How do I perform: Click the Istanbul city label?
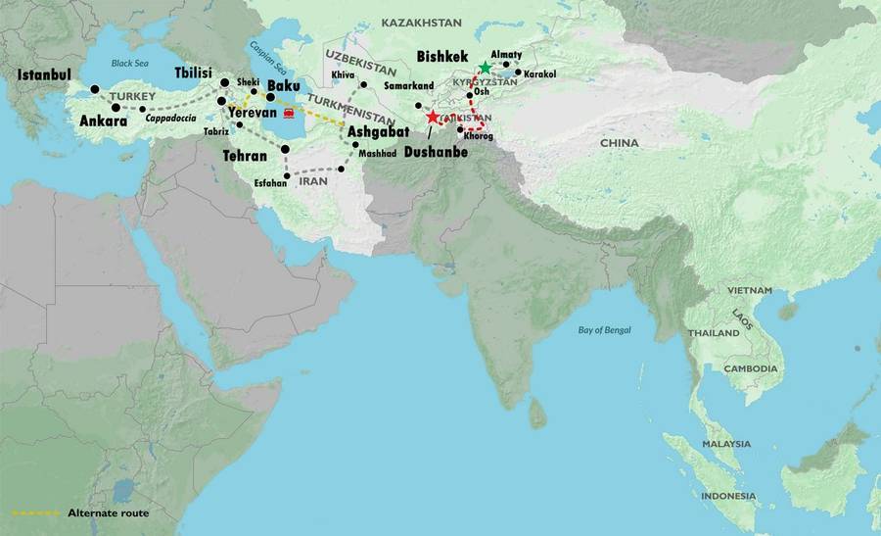pos(44,74)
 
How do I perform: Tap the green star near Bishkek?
pos(485,68)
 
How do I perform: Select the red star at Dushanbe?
pos(433,118)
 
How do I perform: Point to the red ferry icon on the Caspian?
pos(289,114)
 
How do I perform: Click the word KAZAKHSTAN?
pos(421,21)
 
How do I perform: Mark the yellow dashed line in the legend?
pos(34,512)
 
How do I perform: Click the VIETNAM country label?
pos(749,291)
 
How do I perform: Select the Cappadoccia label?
pos(174,119)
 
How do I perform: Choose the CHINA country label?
pos(619,143)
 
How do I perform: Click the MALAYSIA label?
pos(725,444)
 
